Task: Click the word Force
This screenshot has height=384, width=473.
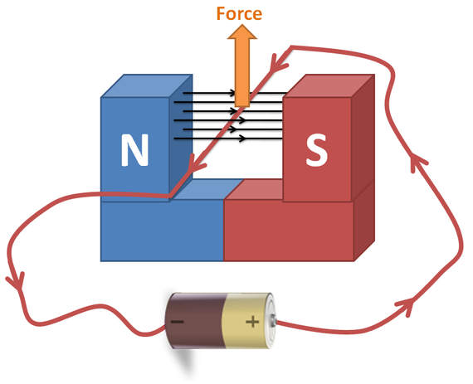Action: coord(239,13)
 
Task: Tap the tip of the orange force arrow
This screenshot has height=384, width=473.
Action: coord(242,25)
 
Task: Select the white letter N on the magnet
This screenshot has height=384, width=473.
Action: coord(134,150)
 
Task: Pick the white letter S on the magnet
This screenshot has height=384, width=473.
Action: coord(316,150)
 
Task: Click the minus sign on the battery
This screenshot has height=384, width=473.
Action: coord(177,322)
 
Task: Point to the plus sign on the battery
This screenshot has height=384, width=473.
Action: coord(252,322)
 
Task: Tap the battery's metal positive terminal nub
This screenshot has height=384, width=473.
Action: coord(273,321)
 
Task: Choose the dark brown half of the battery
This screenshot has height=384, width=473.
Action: coord(196,320)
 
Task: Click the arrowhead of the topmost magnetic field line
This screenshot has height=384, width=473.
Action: coord(232,93)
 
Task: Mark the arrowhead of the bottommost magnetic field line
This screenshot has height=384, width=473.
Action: coord(242,139)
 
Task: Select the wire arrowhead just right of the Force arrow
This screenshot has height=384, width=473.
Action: coord(277,63)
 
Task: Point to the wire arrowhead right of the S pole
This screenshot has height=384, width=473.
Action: coord(417,161)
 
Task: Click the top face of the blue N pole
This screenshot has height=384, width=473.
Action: coord(147,85)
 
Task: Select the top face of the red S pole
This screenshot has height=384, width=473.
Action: coord(329,85)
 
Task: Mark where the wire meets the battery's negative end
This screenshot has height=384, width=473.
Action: coord(165,327)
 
